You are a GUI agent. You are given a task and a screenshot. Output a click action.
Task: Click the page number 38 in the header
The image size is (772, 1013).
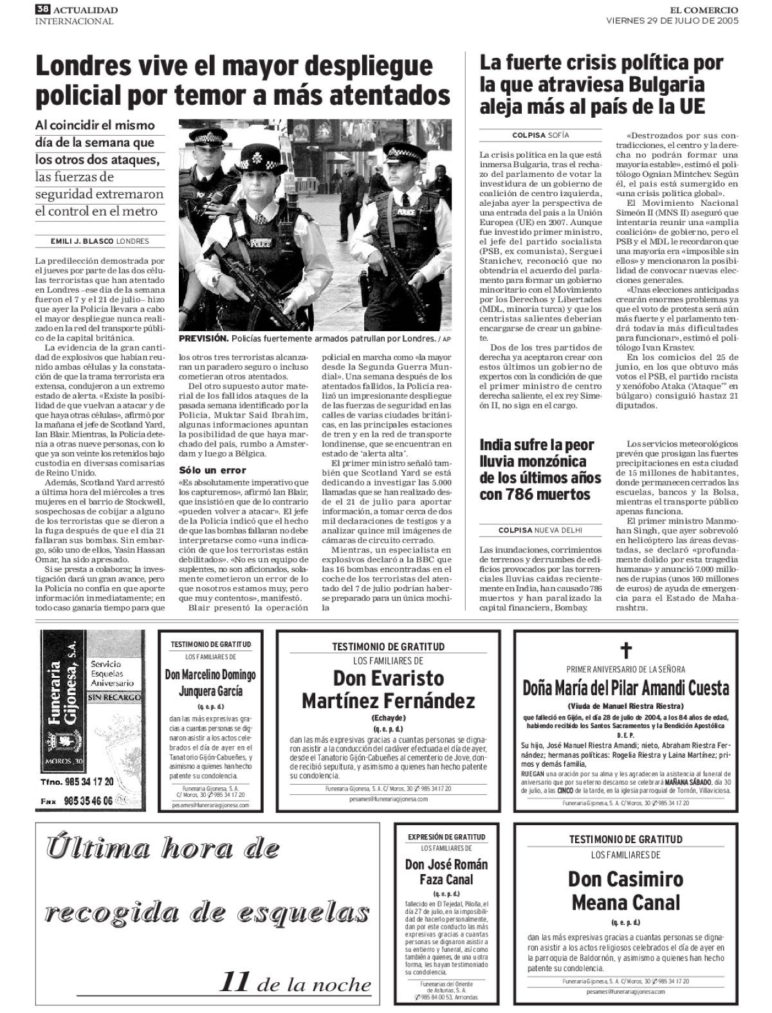tap(42, 9)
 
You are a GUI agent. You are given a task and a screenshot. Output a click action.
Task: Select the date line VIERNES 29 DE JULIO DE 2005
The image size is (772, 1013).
tap(672, 20)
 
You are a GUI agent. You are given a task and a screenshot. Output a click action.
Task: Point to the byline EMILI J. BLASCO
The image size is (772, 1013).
tap(82, 241)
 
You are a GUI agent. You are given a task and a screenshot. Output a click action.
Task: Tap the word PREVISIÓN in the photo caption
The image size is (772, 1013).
tap(203, 338)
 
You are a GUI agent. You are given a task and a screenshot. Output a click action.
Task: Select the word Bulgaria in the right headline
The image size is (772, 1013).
tap(656, 84)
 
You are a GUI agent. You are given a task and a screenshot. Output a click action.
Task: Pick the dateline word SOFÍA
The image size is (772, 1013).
tap(558, 135)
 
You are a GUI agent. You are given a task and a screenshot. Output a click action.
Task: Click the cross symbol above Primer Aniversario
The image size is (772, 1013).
tap(626, 651)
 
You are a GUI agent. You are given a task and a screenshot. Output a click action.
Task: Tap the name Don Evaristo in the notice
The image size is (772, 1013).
tap(388, 678)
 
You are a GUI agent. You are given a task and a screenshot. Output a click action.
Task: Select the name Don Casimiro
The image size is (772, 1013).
tap(625, 879)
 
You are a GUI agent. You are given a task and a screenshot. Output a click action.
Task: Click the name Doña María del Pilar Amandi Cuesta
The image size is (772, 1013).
tap(626, 688)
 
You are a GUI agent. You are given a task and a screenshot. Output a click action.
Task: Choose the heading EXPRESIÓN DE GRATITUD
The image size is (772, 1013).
tap(446, 837)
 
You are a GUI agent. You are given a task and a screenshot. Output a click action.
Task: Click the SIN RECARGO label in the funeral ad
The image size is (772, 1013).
tap(113, 696)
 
